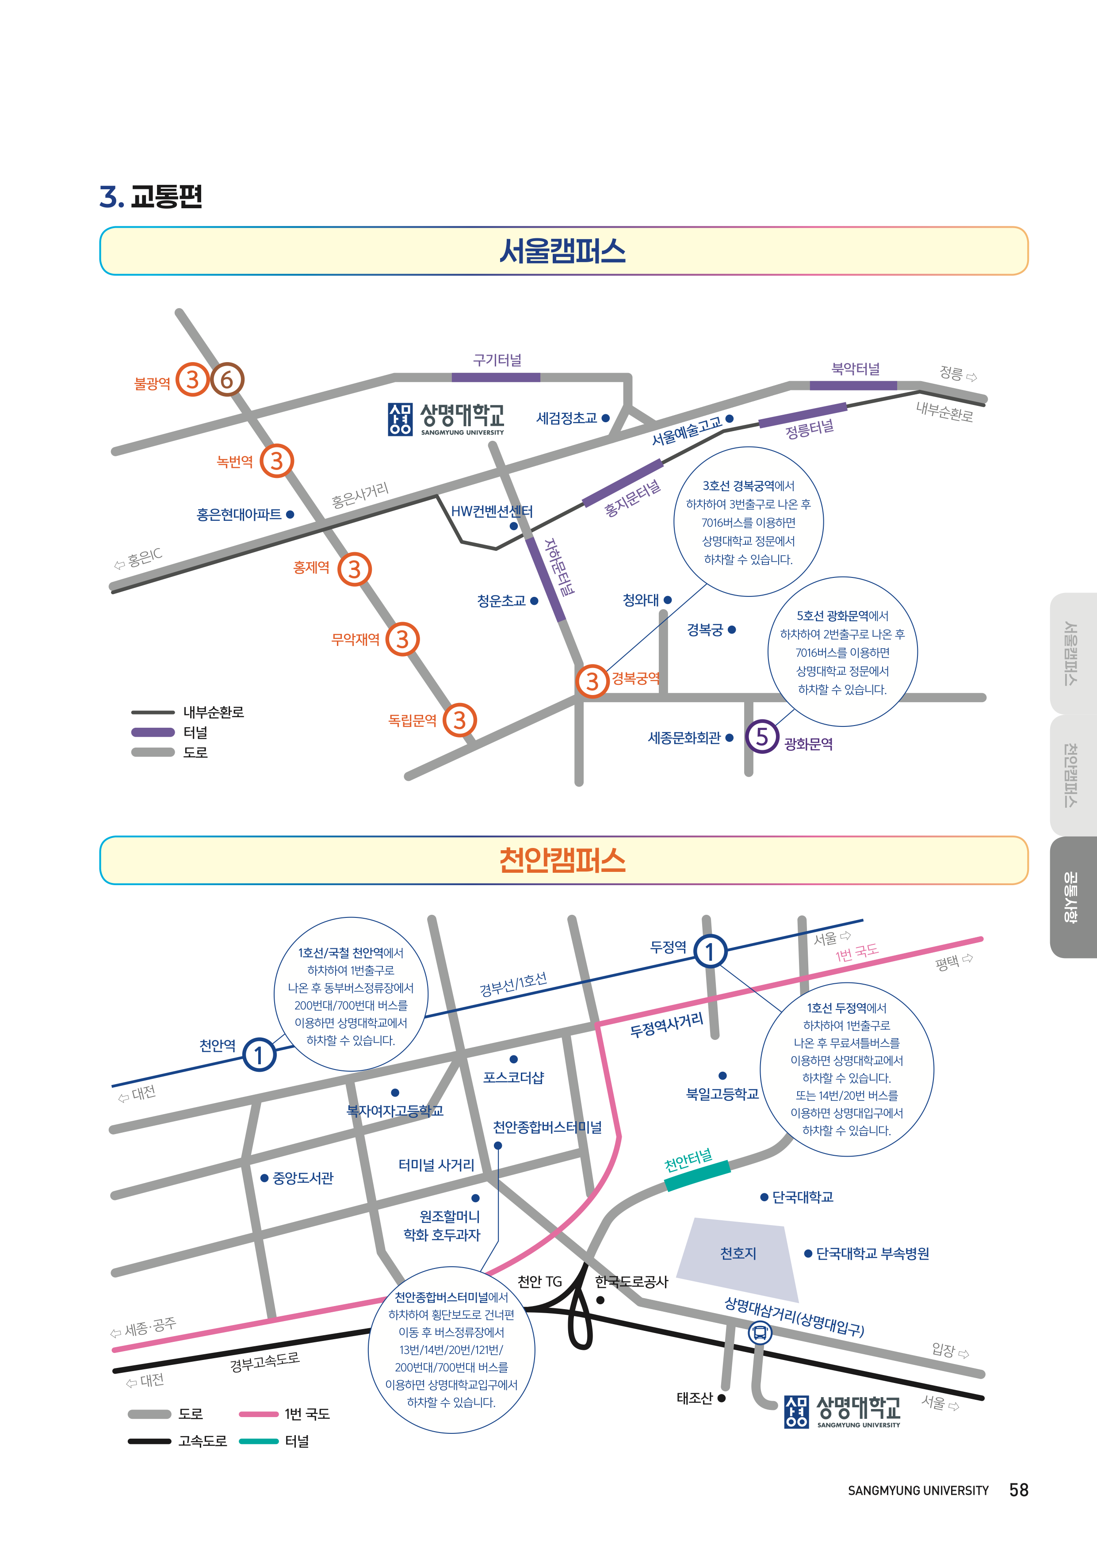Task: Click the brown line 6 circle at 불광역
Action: click(x=227, y=380)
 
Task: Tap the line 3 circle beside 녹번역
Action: click(x=276, y=461)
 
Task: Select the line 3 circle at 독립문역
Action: click(x=459, y=720)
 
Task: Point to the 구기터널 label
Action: click(x=497, y=360)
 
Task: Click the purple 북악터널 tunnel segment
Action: click(x=853, y=386)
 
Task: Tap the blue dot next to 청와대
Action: click(x=667, y=600)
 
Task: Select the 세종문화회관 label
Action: click(x=684, y=737)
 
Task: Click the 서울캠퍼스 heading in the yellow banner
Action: click(x=563, y=251)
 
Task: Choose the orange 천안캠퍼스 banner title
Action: click(x=563, y=860)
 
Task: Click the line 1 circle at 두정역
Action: click(x=710, y=952)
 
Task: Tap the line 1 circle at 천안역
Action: click(x=260, y=1054)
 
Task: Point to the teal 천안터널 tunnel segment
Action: click(x=697, y=1176)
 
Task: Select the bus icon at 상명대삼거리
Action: click(x=760, y=1333)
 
